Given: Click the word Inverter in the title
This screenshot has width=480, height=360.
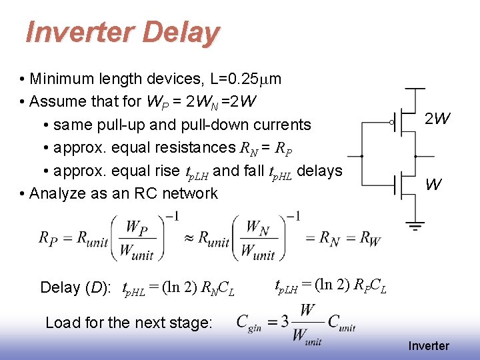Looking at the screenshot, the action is coord(73,32).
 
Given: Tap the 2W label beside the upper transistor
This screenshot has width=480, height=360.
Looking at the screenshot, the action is coord(437,119).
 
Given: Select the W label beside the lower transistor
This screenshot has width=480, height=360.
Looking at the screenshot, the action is coord(433,185).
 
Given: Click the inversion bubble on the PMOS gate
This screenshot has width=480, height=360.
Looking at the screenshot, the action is coord(391,122).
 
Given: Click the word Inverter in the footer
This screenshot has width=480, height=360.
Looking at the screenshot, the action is coord(429,345).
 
